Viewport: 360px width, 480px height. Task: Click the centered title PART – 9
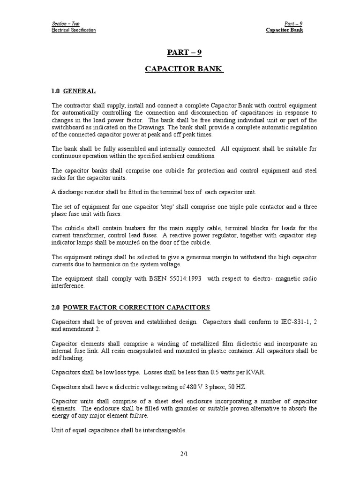184,52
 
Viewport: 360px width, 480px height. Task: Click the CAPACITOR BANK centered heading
184,70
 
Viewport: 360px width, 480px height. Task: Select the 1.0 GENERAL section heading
73,91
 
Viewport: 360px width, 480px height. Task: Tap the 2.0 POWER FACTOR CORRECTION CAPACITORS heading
131,307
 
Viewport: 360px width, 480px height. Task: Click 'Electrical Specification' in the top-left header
74,30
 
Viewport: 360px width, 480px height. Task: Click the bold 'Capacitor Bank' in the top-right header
285,30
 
